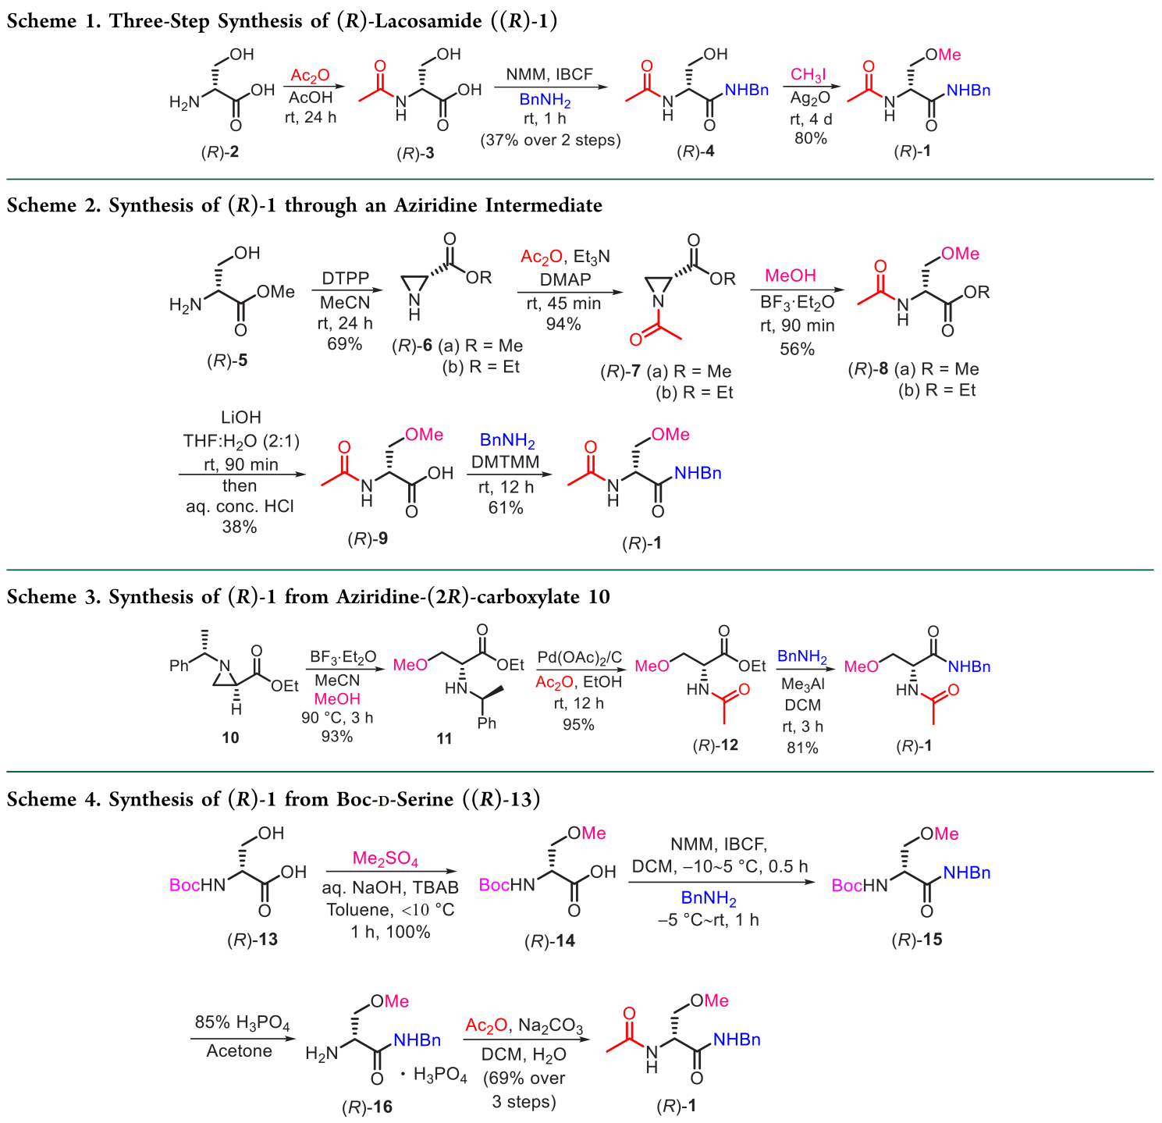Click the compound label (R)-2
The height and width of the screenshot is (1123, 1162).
click(x=219, y=152)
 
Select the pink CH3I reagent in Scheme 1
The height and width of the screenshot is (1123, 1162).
click(x=808, y=75)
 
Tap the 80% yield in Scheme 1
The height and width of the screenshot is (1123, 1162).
click(x=810, y=139)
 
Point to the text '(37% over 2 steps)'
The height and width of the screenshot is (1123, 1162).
click(x=550, y=140)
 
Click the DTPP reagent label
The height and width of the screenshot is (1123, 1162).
click(x=345, y=279)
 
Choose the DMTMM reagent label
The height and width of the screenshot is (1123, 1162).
click(x=505, y=462)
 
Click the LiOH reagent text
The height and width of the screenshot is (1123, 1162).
click(x=240, y=418)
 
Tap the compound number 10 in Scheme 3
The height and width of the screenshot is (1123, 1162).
click(x=230, y=737)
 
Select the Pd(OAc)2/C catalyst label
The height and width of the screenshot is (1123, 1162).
click(x=579, y=658)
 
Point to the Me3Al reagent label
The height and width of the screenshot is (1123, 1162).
click(x=802, y=684)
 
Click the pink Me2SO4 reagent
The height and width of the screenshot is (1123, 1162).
click(x=386, y=859)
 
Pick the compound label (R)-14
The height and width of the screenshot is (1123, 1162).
click(x=549, y=941)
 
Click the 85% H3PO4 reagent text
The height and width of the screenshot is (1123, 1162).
click(x=242, y=1022)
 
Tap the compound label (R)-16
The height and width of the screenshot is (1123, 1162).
click(x=367, y=1107)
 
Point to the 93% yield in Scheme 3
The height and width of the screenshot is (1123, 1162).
click(x=337, y=737)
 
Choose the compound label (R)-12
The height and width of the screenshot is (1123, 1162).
click(x=715, y=745)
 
